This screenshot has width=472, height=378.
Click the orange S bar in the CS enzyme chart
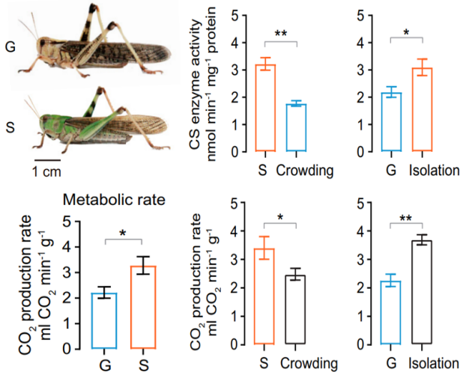(x=265, y=109)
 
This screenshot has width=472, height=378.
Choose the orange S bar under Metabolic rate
(x=142, y=307)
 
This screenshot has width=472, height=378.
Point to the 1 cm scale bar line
(x=47, y=159)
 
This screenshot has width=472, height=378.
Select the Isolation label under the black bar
(x=435, y=364)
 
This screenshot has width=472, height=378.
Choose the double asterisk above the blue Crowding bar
(x=281, y=34)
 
